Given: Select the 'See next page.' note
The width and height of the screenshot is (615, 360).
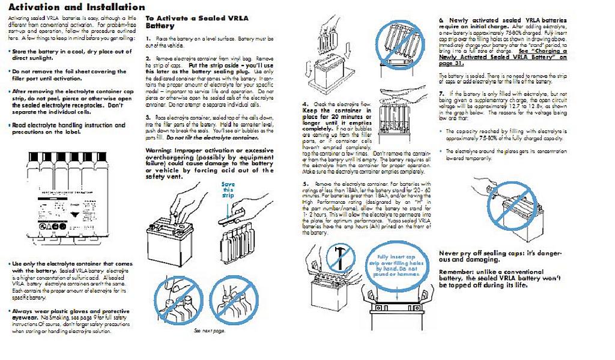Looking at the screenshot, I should [208, 331].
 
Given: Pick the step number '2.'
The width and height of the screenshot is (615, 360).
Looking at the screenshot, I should [148, 58].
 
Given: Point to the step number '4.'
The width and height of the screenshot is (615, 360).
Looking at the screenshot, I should [305, 104].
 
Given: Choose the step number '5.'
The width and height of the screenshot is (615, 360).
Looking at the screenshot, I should [305, 183].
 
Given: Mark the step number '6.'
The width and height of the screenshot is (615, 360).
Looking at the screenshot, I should [441, 20].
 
